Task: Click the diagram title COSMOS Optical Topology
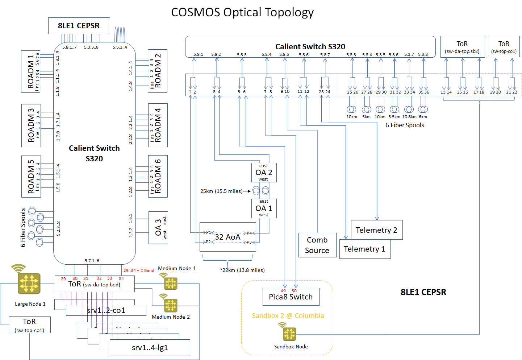[x=242, y=12]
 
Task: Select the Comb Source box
[x=317, y=245]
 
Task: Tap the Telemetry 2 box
[x=376, y=230]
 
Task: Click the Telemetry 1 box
[x=364, y=249]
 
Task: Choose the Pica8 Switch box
[x=291, y=297]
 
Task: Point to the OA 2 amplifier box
[x=264, y=173]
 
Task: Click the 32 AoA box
[x=227, y=237]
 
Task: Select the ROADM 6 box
[x=158, y=176]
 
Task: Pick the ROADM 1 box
[x=30, y=72]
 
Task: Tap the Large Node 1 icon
[x=29, y=283]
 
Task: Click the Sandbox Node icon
[x=289, y=334]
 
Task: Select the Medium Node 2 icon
[x=171, y=305]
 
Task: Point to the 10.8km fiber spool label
[x=409, y=117]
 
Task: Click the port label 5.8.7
[x=325, y=55]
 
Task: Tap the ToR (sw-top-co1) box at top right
[x=504, y=47]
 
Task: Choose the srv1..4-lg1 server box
[x=150, y=348]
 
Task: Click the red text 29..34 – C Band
[x=139, y=270]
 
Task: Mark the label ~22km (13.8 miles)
[x=242, y=270]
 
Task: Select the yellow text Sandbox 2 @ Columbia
[x=288, y=316]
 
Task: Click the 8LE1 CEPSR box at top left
[x=79, y=26]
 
